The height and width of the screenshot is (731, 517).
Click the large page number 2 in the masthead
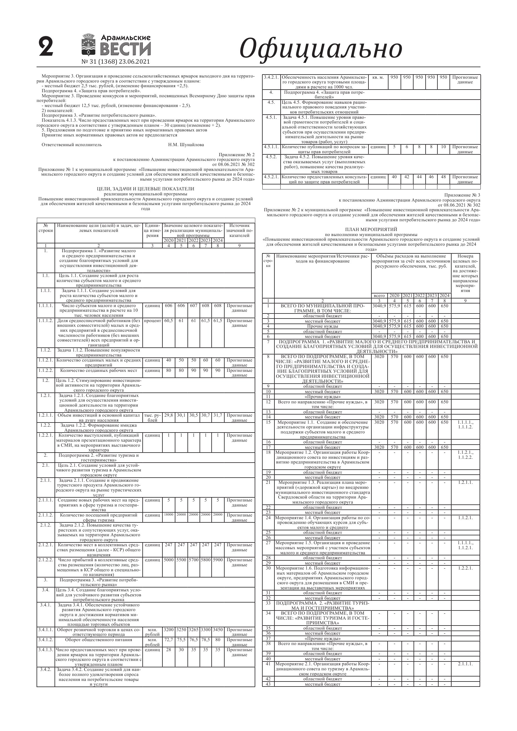(x=46, y=47)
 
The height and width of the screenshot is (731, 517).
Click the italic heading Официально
(x=320, y=49)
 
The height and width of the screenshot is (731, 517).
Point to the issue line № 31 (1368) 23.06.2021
(x=116, y=62)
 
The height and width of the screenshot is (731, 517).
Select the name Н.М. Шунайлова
(x=186, y=145)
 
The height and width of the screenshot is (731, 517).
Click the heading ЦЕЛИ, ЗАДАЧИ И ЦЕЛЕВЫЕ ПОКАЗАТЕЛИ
(x=145, y=189)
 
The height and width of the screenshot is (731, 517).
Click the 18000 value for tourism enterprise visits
(x=169, y=514)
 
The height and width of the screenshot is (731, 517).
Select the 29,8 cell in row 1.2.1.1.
(x=169, y=415)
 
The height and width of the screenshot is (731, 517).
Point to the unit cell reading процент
(x=152, y=321)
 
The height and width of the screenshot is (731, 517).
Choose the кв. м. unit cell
(x=378, y=77)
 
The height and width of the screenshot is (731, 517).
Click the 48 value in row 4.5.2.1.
(x=443, y=177)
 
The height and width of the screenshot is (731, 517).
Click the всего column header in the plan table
(x=379, y=296)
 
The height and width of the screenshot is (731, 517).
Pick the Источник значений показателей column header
(x=239, y=230)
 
